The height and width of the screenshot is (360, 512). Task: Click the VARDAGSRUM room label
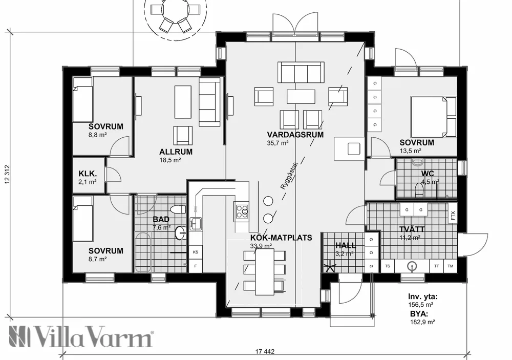pyautogui.click(x=295, y=135)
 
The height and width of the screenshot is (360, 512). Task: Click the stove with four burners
pyautogui.click(x=241, y=210)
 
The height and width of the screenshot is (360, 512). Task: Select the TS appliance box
pyautogui.click(x=388, y=266)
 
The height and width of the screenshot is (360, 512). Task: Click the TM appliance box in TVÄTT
pyautogui.click(x=451, y=266)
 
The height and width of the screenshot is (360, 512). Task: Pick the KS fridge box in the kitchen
pyautogui.click(x=195, y=252)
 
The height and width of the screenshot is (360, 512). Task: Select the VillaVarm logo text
pyautogui.click(x=82, y=337)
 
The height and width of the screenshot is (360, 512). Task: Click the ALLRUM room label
pyautogui.click(x=176, y=152)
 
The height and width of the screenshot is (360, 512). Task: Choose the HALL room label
pyautogui.click(x=345, y=245)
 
